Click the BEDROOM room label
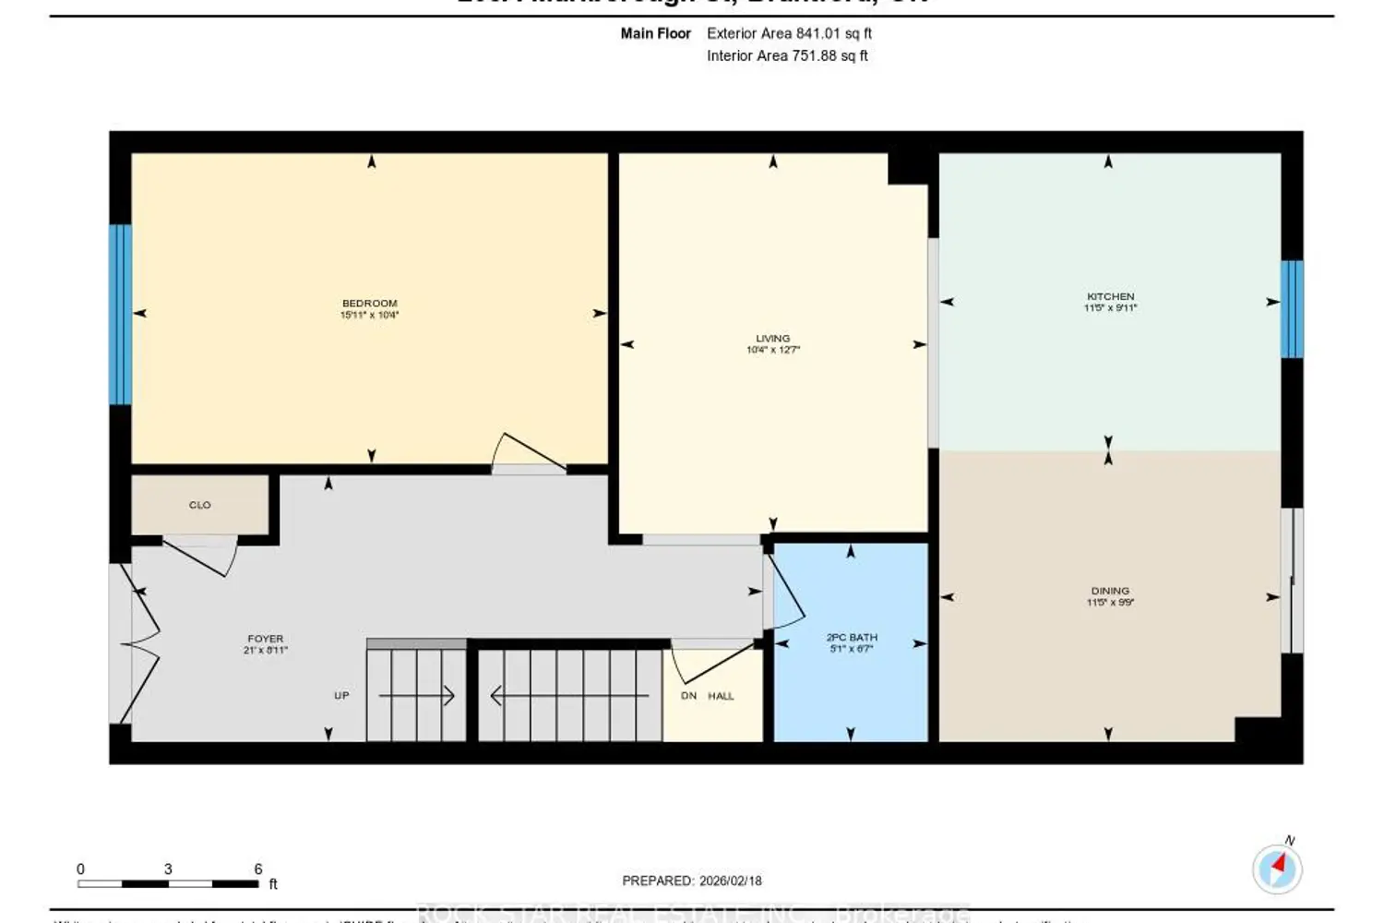(369, 304)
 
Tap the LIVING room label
(772, 339)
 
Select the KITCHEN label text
(1110, 297)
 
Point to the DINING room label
(1110, 591)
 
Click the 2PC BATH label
(851, 638)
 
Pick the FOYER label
(265, 639)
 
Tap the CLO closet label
(199, 506)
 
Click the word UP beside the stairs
(341, 696)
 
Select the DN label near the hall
(688, 696)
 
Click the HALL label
(721, 696)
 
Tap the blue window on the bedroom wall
(120, 315)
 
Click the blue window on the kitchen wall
(1292, 309)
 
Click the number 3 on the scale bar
(168, 869)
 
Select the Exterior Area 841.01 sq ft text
(789, 33)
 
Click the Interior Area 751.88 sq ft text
(787, 55)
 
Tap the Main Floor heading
(655, 33)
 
